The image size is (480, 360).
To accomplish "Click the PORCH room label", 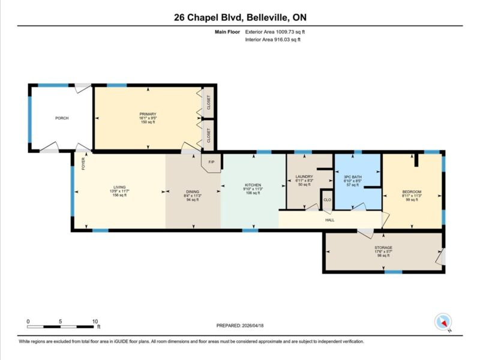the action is point(62,118).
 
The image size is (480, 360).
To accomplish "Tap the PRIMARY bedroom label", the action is point(148,114).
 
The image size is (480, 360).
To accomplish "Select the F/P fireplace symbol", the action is point(211,162).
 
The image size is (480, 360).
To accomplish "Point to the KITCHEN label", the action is point(253,185).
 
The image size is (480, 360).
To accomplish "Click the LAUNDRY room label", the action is point(304,176).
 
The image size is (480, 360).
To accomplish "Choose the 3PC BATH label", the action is point(353,177).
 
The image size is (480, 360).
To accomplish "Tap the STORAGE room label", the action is point(383,248).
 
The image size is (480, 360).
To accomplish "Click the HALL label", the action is point(329,220).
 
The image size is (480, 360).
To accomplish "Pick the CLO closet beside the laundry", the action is point(327,200).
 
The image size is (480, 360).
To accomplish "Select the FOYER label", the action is point(83,163).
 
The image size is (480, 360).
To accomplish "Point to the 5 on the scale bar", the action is point(61,322).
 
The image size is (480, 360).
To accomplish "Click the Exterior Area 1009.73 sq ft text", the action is point(275,32).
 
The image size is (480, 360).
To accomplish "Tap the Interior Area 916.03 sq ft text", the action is point(273,40).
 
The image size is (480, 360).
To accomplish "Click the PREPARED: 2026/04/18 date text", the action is point(240,326).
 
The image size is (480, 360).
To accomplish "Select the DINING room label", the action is point(193,192).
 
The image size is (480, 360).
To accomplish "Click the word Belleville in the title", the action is point(267,17).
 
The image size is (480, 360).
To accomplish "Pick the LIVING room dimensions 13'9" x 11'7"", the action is point(119,191).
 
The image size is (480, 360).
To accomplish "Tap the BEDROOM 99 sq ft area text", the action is point(412,200).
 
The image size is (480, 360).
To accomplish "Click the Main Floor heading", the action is point(227,32).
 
